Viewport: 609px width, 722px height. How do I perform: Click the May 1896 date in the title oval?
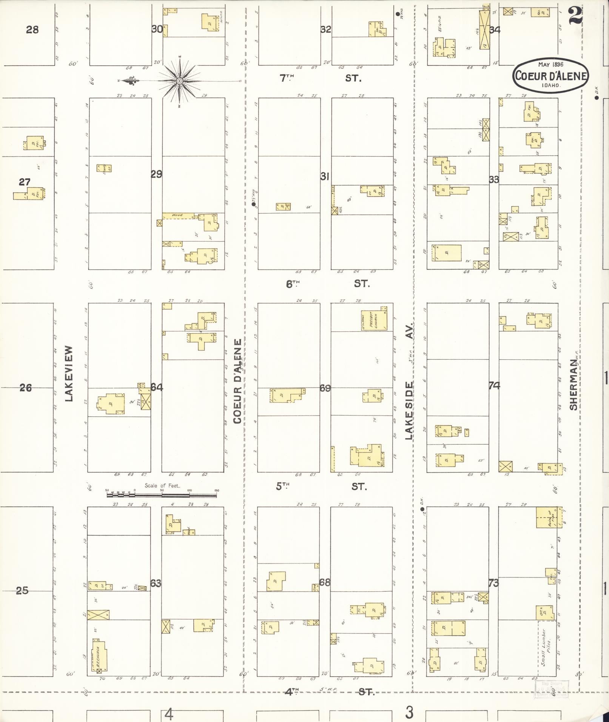pos(550,65)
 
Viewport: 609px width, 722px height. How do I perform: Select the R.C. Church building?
pos(99,656)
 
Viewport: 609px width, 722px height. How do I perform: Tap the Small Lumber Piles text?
pos(547,652)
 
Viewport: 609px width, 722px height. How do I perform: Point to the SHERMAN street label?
pos(574,385)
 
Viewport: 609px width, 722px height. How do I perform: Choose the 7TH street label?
pos(287,78)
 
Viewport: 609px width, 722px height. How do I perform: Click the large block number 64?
pos(157,387)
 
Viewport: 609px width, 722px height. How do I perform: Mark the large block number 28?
pos(32,29)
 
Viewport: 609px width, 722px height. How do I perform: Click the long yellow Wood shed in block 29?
pos(178,216)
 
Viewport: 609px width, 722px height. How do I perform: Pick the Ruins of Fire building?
pos(549,517)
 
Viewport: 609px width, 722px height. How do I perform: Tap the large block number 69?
pos(325,388)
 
